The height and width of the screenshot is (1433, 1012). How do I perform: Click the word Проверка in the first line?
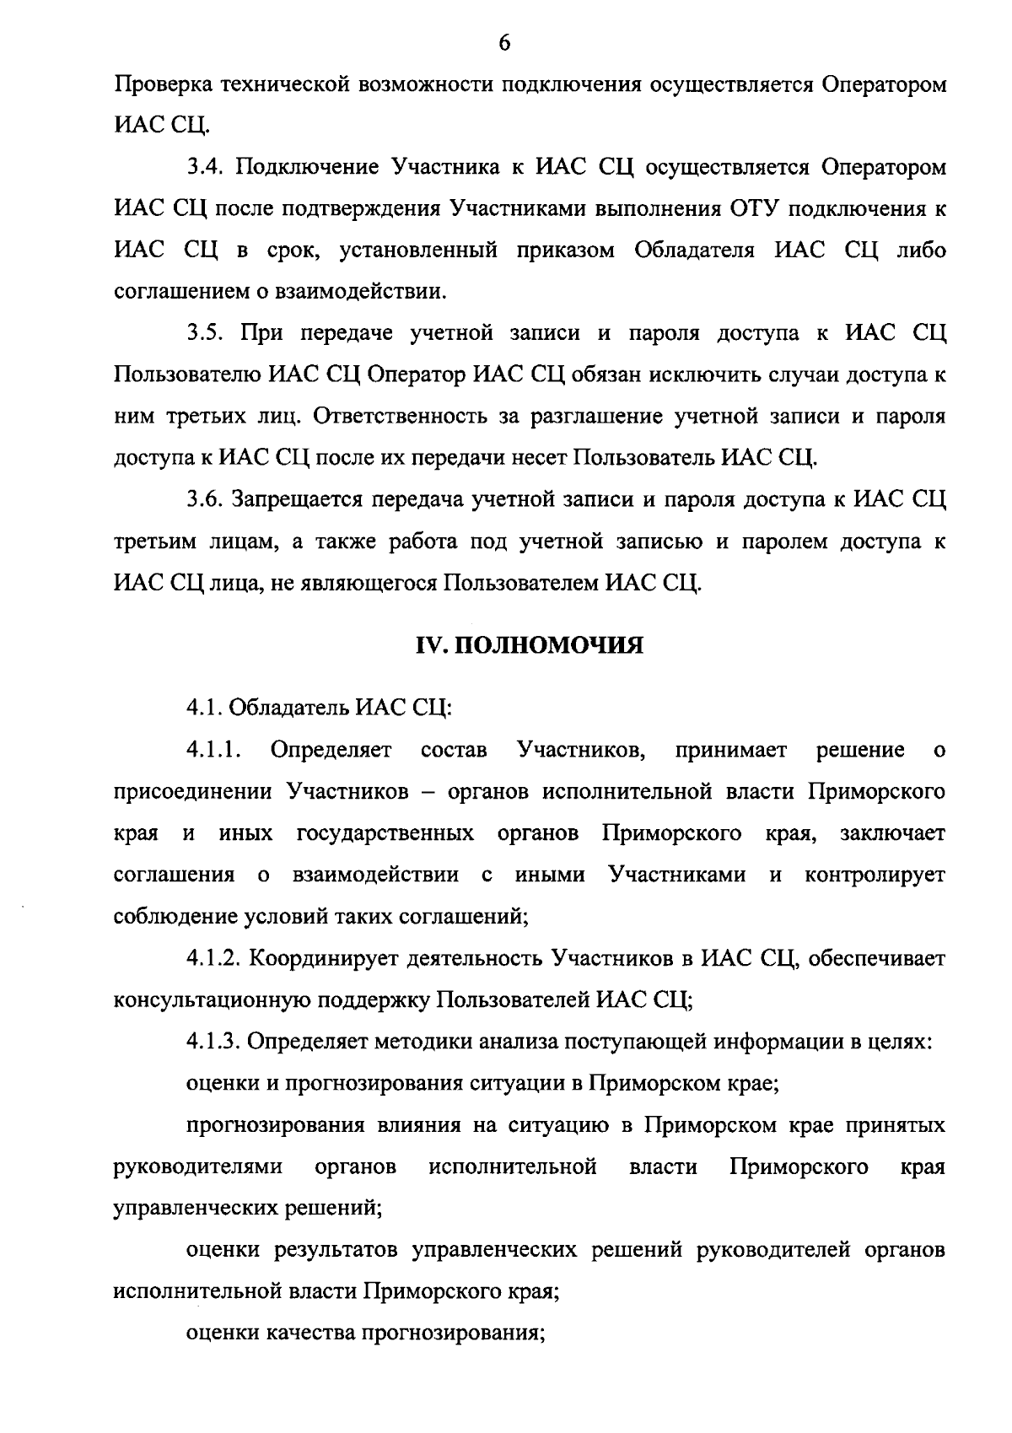(163, 85)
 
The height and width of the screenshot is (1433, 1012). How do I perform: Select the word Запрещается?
(294, 499)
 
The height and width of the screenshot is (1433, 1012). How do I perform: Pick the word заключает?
(892, 833)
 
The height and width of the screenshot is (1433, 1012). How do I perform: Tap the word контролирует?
(875, 875)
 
